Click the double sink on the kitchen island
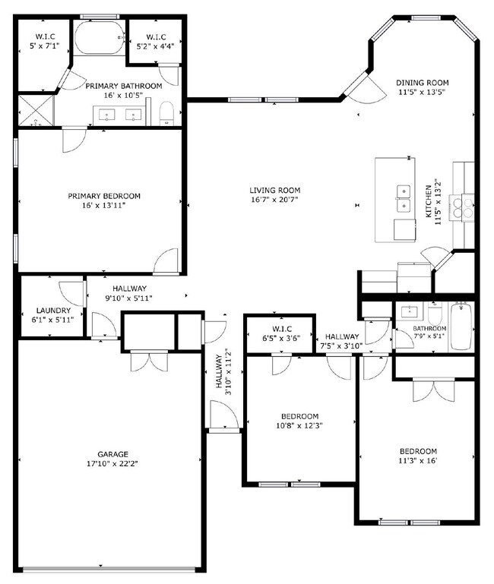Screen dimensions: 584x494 [x=402, y=199]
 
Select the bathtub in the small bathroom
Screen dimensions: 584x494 [x=461, y=327]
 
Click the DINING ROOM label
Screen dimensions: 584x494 [x=423, y=83]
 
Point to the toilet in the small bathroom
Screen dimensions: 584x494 [x=435, y=315]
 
